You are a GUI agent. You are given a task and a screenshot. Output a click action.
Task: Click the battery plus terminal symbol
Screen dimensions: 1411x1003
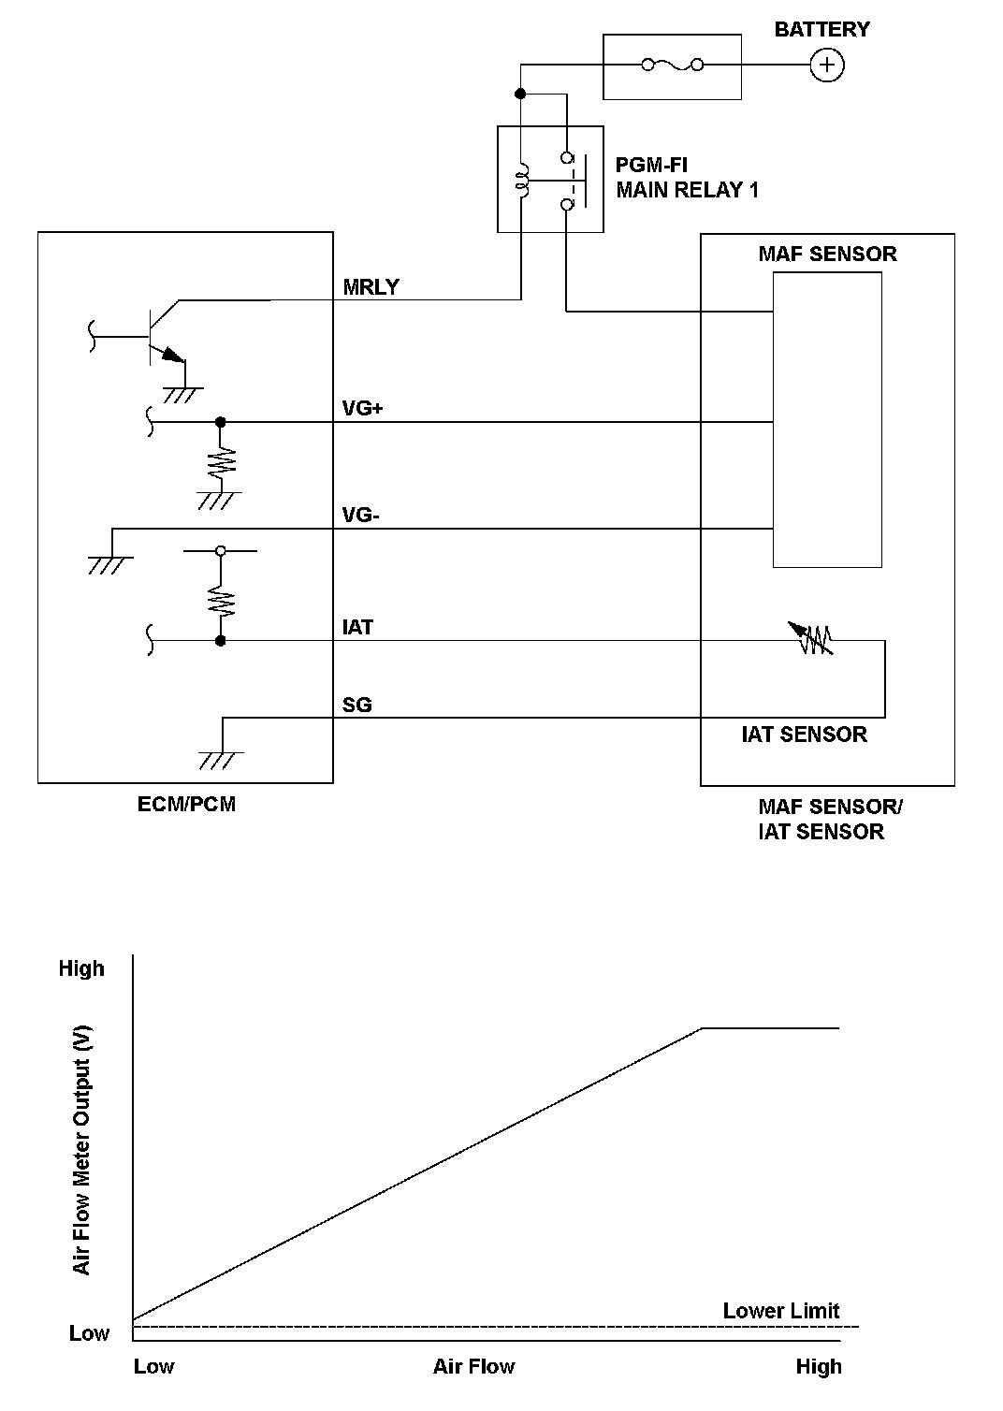pos(826,65)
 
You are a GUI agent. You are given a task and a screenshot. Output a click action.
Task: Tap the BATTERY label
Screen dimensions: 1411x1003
pos(821,29)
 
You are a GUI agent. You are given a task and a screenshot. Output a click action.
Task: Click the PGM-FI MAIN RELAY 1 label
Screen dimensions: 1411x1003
pos(687,178)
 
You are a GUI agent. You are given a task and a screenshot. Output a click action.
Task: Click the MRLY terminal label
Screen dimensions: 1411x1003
pos(371,287)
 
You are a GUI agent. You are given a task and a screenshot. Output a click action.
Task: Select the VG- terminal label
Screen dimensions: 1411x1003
pos(361,516)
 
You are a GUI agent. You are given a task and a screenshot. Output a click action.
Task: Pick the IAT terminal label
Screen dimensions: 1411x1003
pos(358,627)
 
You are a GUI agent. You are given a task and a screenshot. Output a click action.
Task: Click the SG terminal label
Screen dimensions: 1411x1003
pos(357,705)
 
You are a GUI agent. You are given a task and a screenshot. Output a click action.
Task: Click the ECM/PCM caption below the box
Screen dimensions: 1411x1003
pos(186,804)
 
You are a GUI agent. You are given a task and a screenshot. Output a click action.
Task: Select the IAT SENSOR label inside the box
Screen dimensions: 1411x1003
pos(804,735)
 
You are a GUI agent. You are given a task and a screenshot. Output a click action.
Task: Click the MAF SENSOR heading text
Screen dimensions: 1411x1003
pos(827,254)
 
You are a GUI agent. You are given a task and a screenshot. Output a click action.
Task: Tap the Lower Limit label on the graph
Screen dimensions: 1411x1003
pos(781,1311)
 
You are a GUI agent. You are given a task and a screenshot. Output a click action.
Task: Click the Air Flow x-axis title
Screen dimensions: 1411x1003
pos(473,1367)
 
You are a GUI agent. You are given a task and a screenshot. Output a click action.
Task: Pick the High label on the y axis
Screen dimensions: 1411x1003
pos(81,968)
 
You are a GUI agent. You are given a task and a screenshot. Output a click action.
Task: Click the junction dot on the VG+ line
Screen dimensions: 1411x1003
pos(221,422)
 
